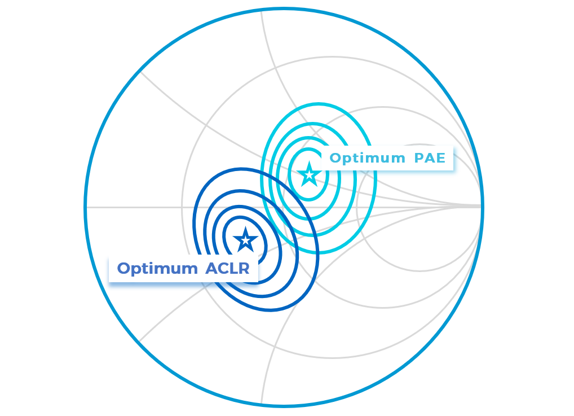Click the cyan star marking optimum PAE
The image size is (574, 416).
pyautogui.click(x=309, y=174)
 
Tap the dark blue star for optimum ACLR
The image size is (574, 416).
pyautogui.click(x=245, y=240)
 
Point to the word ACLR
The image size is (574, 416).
pyautogui.click(x=227, y=269)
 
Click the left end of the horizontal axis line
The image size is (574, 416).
pyautogui.click(x=86, y=207)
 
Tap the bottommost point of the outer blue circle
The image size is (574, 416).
pyautogui.click(x=284, y=405)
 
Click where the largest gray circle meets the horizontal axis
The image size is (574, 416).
pyautogui.click(x=182, y=207)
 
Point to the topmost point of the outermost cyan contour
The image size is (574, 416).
pyautogui.click(x=319, y=104)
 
